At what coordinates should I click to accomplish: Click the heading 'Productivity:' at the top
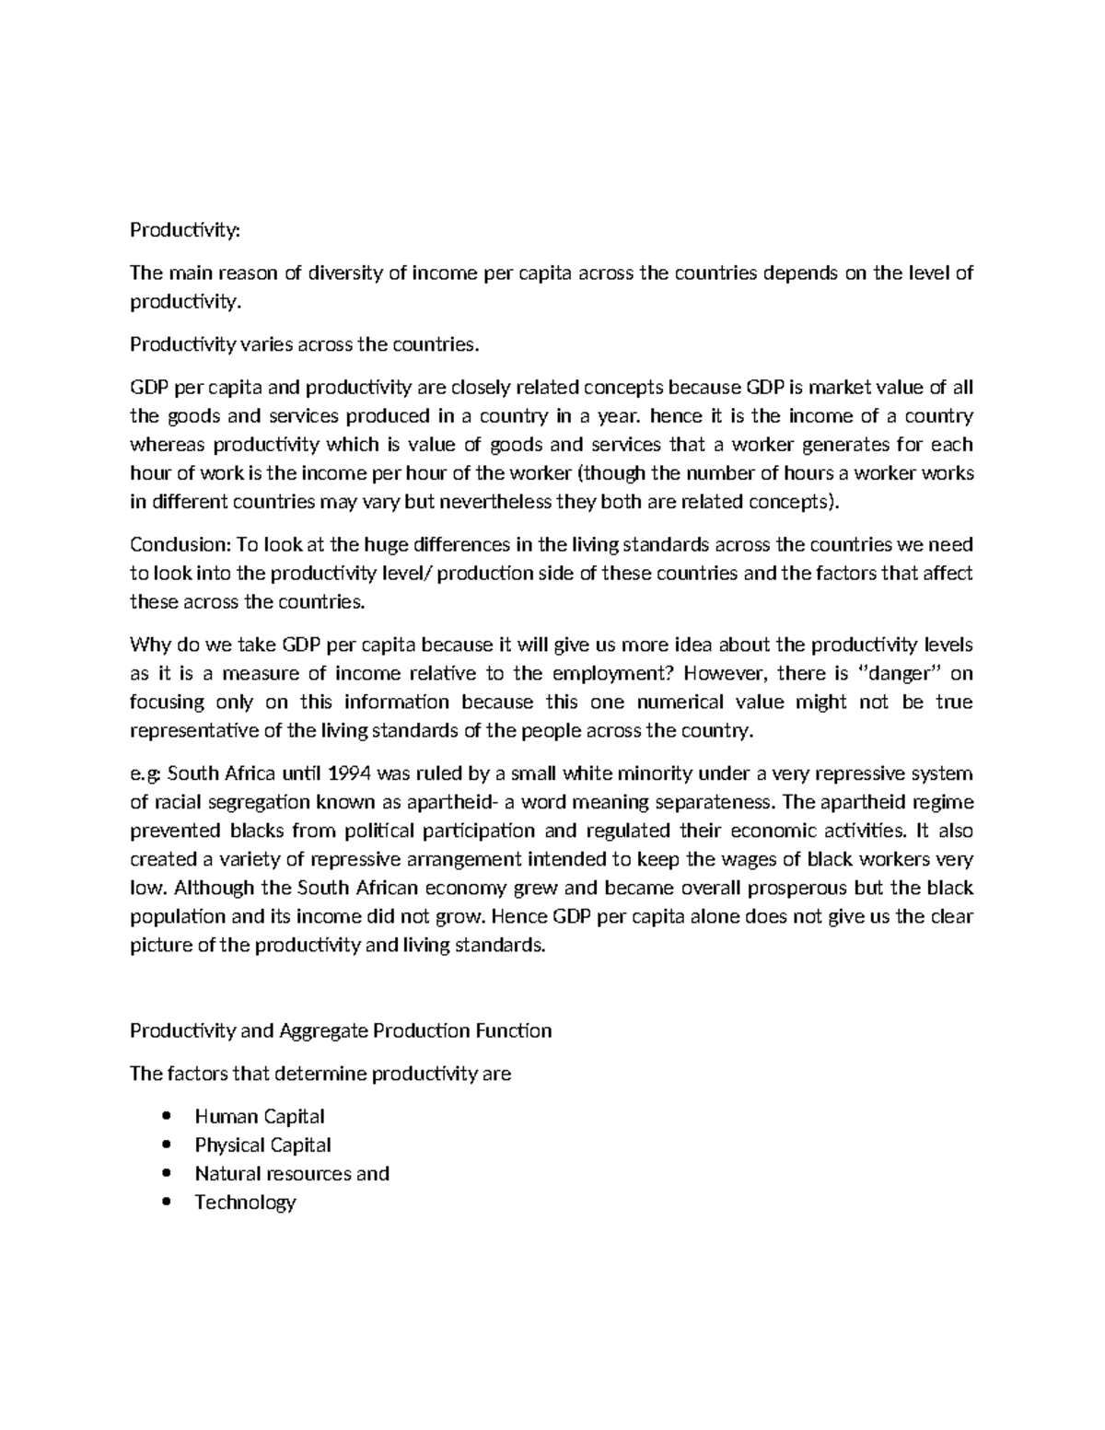pos(184,230)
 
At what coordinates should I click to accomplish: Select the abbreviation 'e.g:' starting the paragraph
pos(145,773)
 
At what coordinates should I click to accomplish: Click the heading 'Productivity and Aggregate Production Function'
pos(341,1030)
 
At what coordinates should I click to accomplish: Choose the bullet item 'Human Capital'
pos(259,1117)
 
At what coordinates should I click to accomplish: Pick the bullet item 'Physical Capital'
pos(262,1145)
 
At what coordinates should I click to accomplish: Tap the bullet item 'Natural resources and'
pos(292,1174)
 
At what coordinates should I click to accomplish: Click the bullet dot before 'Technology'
pos(167,1203)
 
